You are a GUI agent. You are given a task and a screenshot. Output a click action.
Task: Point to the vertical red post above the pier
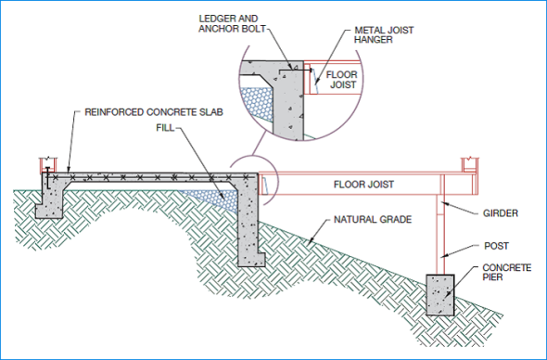click(438, 237)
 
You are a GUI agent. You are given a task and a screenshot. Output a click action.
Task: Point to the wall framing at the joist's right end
click(472, 167)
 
